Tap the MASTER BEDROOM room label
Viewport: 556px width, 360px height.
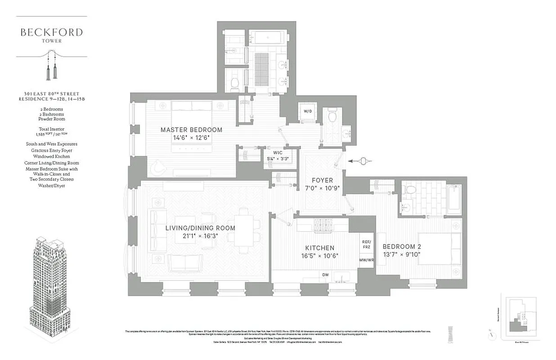click(191, 130)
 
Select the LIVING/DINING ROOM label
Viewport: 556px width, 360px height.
click(200, 228)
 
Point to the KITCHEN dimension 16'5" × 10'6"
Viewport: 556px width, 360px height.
click(320, 256)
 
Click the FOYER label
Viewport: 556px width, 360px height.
click(322, 180)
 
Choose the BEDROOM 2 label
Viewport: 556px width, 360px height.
click(401, 247)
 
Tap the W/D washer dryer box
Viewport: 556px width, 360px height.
click(308, 111)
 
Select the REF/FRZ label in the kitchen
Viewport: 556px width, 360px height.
click(366, 244)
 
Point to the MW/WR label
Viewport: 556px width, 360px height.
click(366, 260)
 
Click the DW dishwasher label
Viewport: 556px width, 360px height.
click(325, 275)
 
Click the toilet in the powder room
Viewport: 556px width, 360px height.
click(333, 116)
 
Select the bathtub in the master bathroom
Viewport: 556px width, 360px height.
click(267, 37)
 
